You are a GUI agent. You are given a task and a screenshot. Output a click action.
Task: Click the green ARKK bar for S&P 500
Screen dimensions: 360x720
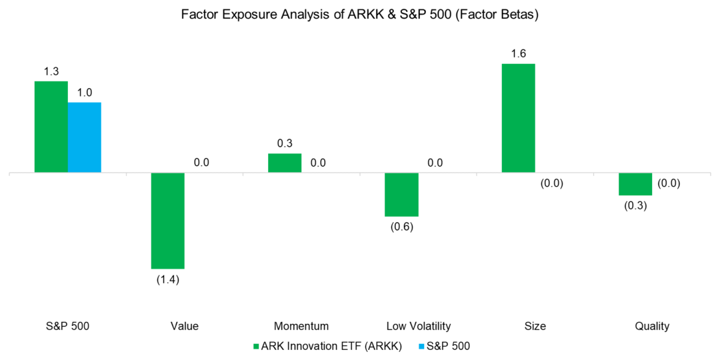point(51,127)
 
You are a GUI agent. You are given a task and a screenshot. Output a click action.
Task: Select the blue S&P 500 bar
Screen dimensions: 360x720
point(84,137)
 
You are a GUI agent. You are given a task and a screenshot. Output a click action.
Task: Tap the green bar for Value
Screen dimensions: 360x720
point(168,221)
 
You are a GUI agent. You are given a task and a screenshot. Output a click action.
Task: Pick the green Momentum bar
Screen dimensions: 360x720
point(285,163)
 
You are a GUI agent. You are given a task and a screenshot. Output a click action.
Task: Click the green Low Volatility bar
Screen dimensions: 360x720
point(401,195)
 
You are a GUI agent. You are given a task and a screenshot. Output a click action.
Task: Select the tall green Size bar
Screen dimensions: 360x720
point(518,118)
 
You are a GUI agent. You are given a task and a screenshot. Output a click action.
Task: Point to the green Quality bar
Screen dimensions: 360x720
point(635,184)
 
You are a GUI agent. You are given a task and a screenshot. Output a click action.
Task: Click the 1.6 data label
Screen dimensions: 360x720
point(518,53)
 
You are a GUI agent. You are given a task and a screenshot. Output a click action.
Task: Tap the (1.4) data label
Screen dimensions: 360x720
point(168,279)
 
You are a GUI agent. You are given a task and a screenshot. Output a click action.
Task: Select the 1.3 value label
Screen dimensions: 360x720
point(51,71)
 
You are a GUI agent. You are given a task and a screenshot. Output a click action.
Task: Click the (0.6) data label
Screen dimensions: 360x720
point(401,227)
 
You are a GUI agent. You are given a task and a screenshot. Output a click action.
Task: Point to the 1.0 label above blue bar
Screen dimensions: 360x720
point(84,92)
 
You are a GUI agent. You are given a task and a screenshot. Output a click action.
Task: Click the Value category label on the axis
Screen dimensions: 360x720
point(184,326)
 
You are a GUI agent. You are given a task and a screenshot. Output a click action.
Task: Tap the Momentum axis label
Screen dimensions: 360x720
point(301,326)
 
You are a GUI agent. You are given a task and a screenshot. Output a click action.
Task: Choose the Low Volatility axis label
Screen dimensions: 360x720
point(418,326)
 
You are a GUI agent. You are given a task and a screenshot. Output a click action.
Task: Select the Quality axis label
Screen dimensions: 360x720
point(652,326)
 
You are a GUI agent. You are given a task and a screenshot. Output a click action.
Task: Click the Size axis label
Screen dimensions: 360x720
point(535,326)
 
